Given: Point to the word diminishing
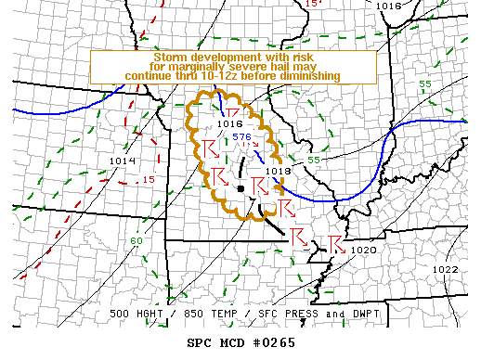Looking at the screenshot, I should point(311,76).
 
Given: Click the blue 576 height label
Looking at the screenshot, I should point(242,136).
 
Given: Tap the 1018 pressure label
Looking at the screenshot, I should point(278,171).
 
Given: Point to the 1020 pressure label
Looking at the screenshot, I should point(365,250).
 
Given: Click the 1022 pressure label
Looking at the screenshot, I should point(445,269).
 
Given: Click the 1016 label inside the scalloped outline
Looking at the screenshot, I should point(228,123).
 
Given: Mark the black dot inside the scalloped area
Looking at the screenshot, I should point(240,188).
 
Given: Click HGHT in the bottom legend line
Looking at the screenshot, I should point(158,315).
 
